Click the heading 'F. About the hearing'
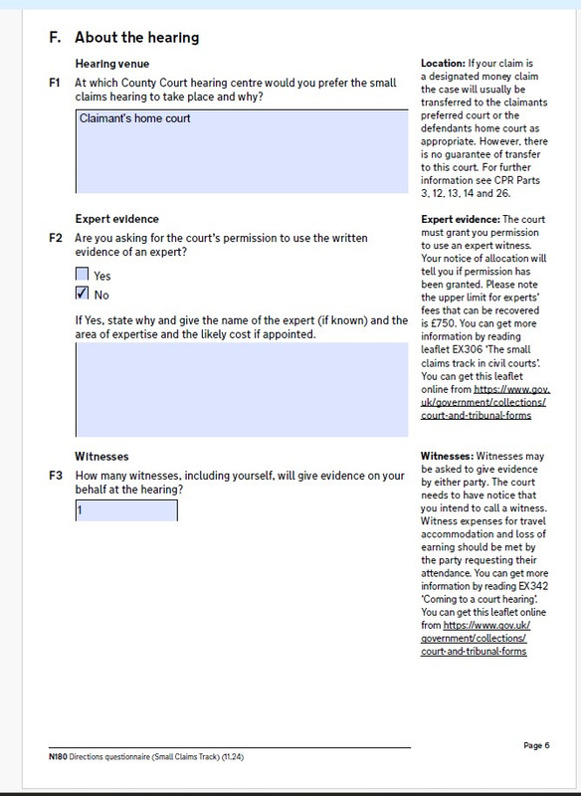pyautogui.click(x=123, y=38)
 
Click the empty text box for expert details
pyautogui.click(x=241, y=390)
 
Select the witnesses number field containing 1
pyautogui.click(x=126, y=509)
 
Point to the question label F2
pyautogui.click(x=56, y=239)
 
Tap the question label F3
pyautogui.click(x=56, y=475)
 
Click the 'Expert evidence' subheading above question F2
pyautogui.click(x=117, y=219)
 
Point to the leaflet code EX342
pyautogui.click(x=564, y=587)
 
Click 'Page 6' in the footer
pyautogui.click(x=535, y=745)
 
